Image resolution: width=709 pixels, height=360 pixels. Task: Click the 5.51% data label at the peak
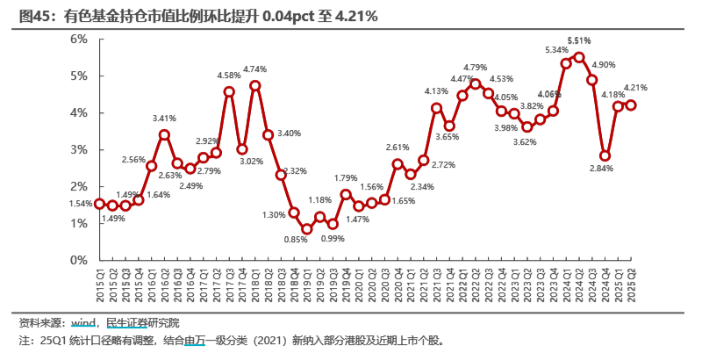(x=579, y=40)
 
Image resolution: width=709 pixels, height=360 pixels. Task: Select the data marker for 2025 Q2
(x=631, y=104)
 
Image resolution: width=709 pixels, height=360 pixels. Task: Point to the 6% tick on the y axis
(x=77, y=39)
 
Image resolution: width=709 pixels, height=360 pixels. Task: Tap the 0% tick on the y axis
(x=77, y=261)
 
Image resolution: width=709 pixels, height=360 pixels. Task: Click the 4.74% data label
(x=255, y=68)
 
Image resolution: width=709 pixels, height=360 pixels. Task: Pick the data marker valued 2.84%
(x=605, y=155)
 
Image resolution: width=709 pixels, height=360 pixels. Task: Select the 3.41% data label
(x=164, y=118)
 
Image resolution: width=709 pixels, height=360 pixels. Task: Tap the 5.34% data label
(x=556, y=49)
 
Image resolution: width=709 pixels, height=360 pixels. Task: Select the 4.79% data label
(x=475, y=68)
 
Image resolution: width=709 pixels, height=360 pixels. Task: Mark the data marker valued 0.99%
(x=333, y=225)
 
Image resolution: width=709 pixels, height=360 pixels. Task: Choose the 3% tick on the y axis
(x=77, y=149)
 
